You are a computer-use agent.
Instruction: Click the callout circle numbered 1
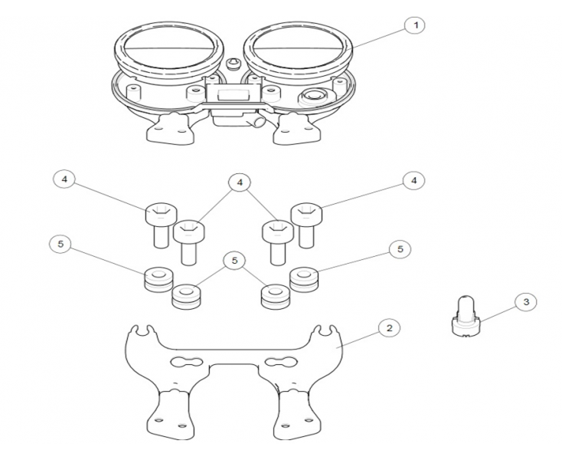pos(415,25)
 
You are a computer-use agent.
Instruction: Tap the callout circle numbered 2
pos(389,328)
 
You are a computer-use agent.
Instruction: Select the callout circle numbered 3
pos(526,302)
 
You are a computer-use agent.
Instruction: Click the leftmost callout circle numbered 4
pos(64,179)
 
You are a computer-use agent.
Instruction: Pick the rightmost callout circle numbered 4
pos(414,180)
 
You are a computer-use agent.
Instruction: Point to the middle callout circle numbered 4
pos(240,182)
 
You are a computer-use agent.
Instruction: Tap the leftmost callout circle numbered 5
pos(60,245)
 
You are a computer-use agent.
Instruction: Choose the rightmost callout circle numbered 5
pos(400,249)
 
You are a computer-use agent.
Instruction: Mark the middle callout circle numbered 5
pos(234,261)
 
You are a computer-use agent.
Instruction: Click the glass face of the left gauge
pos(169,48)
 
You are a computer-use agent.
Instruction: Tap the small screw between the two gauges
pos(234,64)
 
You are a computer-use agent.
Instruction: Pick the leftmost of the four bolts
pos(161,225)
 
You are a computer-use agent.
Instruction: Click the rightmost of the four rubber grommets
pos(304,280)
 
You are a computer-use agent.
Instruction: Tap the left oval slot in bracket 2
pos(185,362)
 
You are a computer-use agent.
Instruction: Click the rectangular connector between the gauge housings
pos(232,95)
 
